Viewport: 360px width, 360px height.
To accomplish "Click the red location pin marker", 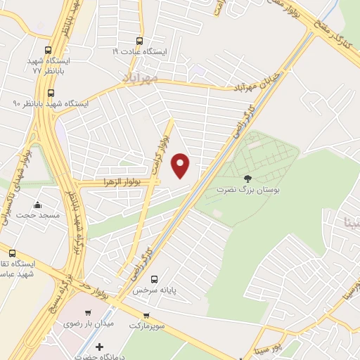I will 181,165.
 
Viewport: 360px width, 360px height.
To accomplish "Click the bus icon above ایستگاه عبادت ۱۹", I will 139,40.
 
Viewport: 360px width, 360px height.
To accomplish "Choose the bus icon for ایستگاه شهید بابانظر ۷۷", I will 48,50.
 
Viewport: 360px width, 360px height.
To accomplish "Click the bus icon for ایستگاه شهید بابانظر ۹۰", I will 51,92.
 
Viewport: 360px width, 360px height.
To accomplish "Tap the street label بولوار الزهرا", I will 122,182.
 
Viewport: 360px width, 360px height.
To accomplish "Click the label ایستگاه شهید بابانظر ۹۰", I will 51,103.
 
